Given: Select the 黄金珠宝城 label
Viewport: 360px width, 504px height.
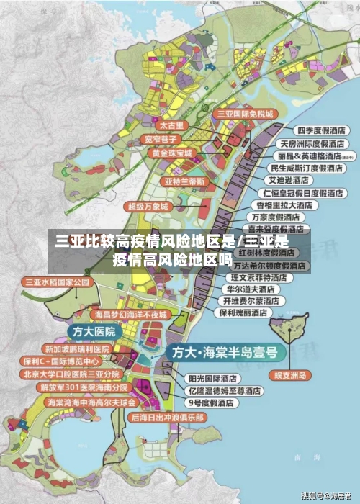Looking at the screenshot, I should click(x=171, y=153).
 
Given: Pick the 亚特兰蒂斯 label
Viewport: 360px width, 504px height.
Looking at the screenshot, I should click(x=185, y=181).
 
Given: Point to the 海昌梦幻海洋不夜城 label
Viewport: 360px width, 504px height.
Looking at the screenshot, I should click(x=130, y=315).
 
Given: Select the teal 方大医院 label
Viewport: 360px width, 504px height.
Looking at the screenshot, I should click(x=94, y=331).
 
